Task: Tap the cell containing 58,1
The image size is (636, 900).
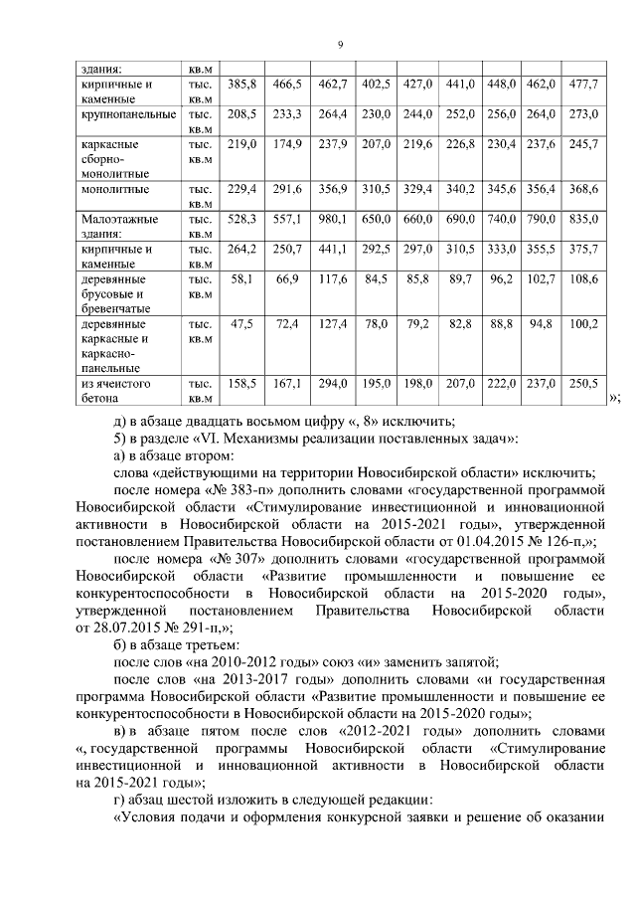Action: click(244, 281)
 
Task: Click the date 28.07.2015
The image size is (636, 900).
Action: click(115, 629)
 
